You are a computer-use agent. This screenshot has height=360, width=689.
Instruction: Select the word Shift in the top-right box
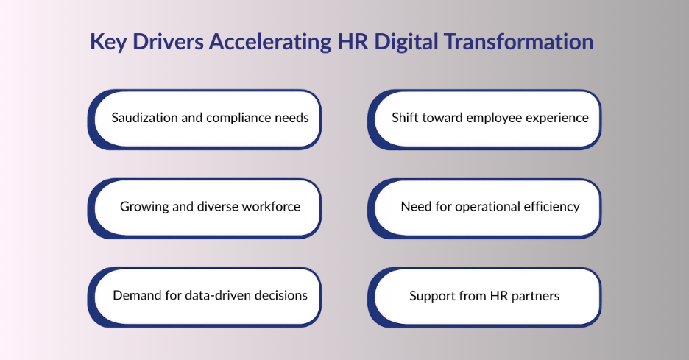pos(405,118)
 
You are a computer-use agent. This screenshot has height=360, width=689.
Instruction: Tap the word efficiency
pos(551,206)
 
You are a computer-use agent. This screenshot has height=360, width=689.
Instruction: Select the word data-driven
pos(208,295)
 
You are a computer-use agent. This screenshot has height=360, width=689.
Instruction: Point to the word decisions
pos(281,295)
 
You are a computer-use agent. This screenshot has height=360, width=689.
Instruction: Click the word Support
pos(434,296)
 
